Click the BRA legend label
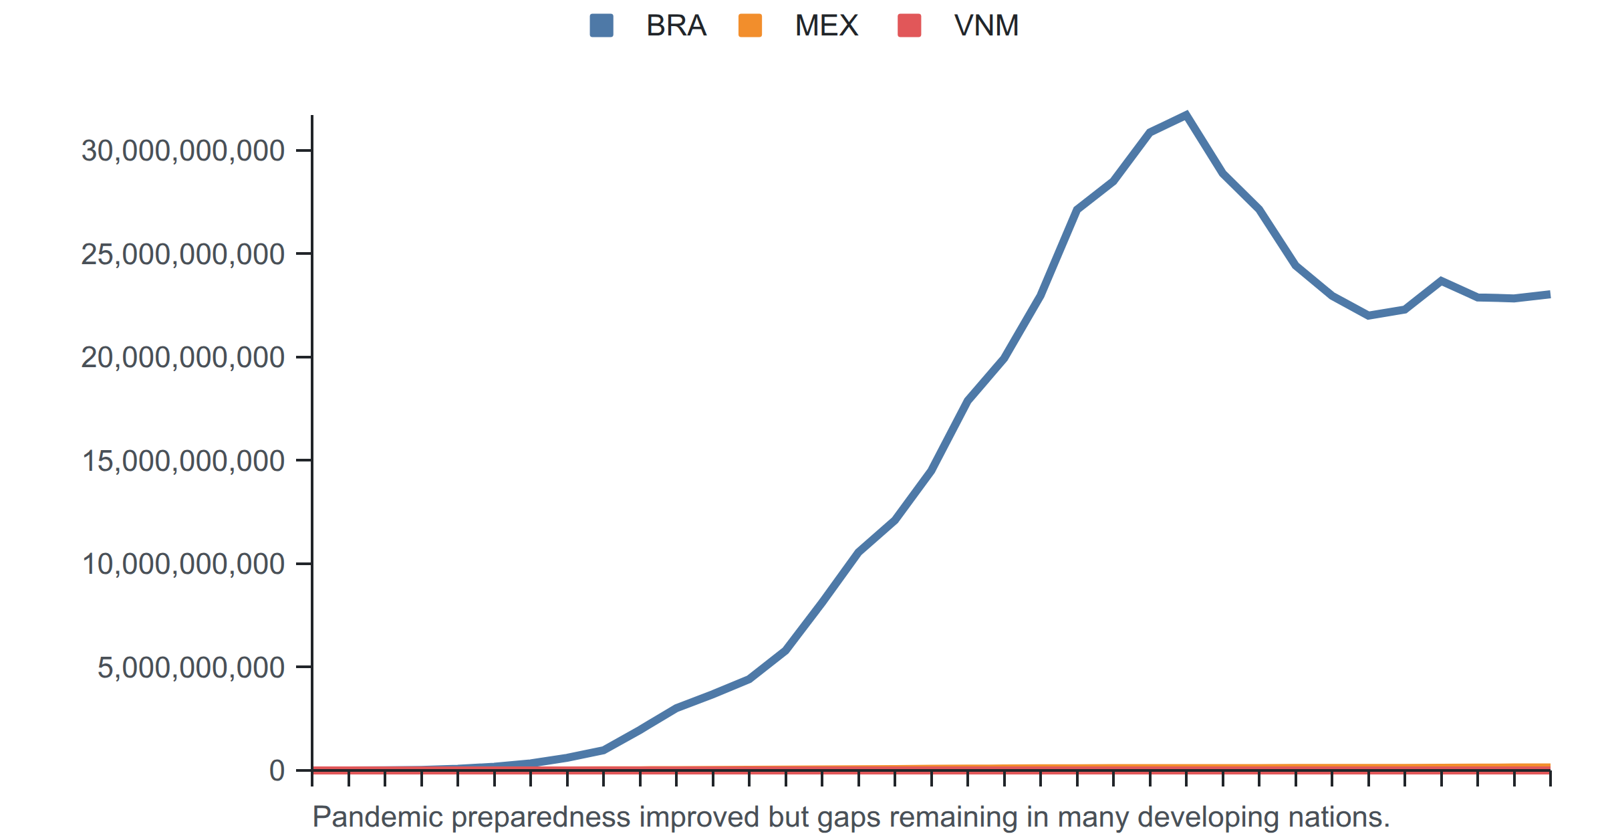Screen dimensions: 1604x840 [676, 25]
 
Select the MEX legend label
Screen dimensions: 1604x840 [826, 25]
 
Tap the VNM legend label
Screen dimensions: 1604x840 [986, 25]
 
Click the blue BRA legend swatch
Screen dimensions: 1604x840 [601, 25]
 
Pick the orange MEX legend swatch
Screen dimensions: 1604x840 [750, 25]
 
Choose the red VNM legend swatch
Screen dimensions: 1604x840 [910, 25]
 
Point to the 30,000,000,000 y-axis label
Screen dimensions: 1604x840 [182, 150]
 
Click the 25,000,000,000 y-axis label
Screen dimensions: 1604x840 [182, 254]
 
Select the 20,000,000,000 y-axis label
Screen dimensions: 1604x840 [182, 357]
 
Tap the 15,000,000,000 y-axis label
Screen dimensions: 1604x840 [182, 461]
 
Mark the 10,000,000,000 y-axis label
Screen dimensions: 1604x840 [182, 564]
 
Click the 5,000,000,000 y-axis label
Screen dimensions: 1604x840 [190, 667]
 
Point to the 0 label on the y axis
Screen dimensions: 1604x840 [277, 770]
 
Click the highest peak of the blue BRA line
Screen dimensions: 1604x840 [1186, 115]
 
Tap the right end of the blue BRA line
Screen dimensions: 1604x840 [1549, 294]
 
